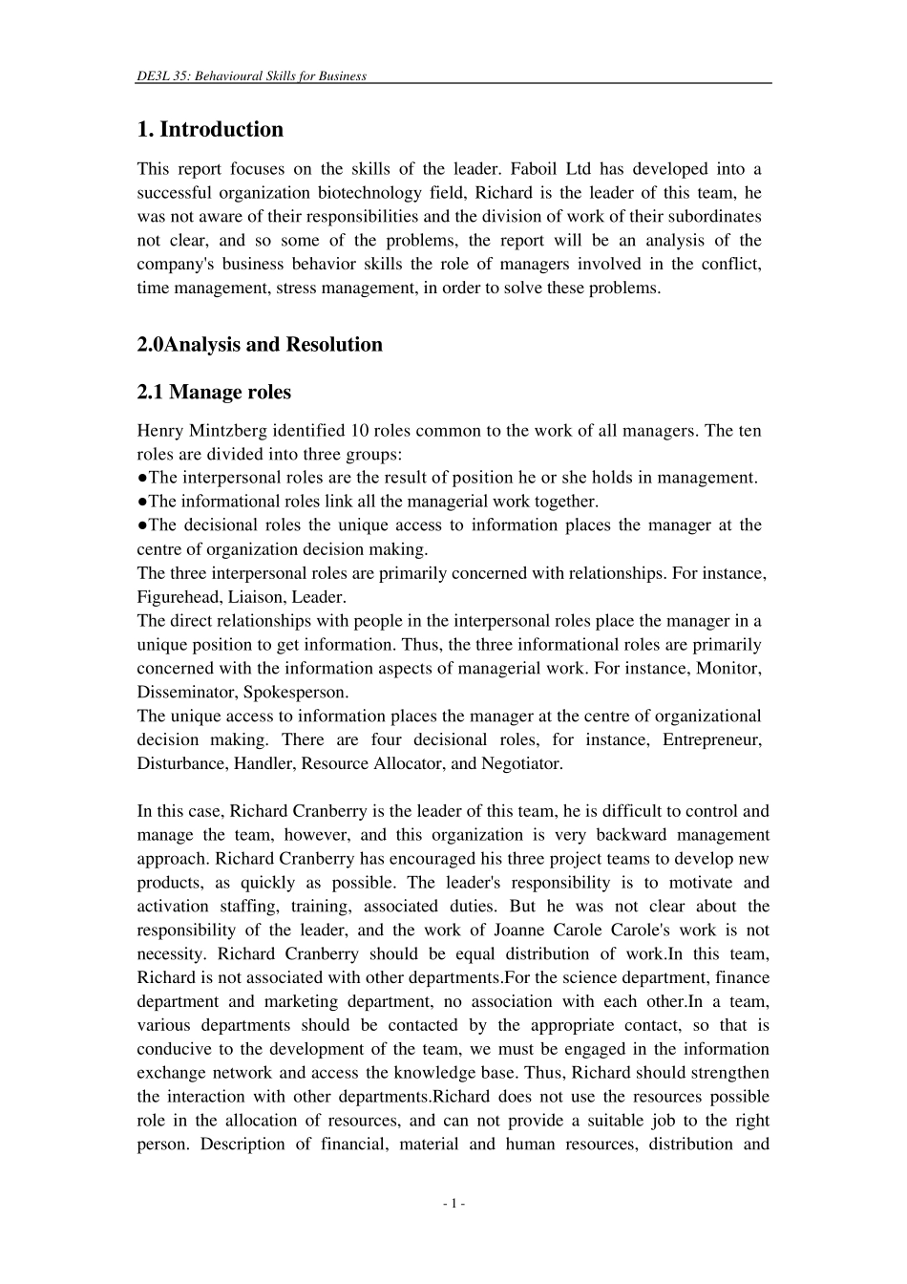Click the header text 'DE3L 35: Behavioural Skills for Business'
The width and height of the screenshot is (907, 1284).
(251, 75)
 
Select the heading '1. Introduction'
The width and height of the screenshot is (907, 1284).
(210, 129)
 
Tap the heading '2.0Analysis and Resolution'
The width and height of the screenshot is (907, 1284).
(260, 344)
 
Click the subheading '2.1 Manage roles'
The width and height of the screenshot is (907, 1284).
(214, 392)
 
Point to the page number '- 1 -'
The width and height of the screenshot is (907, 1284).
(453, 1204)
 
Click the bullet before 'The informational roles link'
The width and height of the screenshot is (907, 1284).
(142, 502)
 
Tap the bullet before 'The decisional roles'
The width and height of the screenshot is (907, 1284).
(142, 525)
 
